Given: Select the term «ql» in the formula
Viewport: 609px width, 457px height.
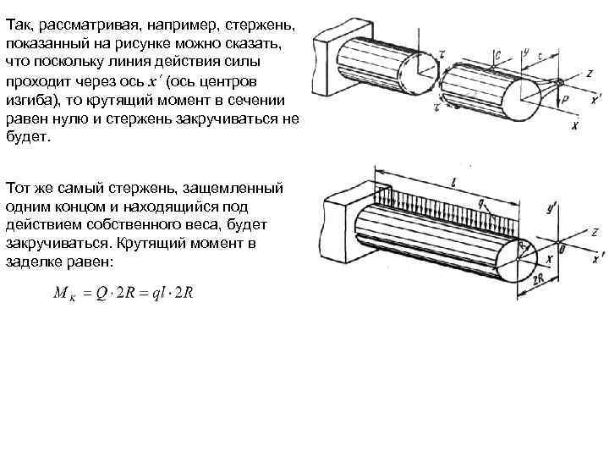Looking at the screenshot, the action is pyautogui.click(x=156, y=294).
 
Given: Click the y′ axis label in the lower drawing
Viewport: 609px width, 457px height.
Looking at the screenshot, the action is pyautogui.click(x=551, y=206).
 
